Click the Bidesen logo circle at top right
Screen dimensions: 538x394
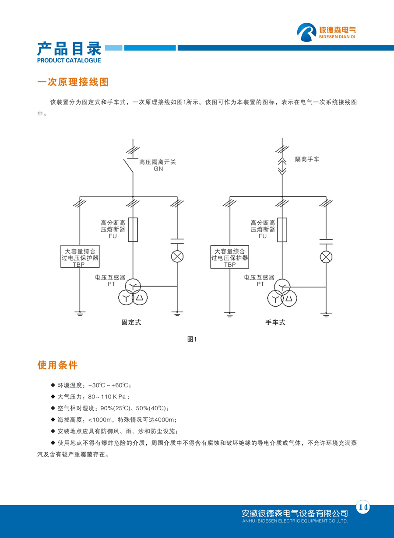306,32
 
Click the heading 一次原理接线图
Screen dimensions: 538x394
73,82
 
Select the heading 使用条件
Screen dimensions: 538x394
57,365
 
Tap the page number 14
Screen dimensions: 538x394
363,507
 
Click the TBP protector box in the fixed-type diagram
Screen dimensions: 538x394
80,257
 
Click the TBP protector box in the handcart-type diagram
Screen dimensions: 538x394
230,257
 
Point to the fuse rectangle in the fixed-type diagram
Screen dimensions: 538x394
133,230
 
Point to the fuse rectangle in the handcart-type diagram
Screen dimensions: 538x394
282,230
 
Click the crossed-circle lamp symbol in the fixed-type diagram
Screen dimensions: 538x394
177,257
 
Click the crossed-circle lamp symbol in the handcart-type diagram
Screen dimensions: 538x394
326,257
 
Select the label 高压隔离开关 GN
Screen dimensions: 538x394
157,165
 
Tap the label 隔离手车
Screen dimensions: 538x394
307,160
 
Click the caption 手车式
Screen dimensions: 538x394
275,322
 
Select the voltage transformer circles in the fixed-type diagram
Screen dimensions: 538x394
133,293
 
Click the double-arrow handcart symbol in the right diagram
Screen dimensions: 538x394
282,166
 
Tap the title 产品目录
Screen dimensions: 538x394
69,49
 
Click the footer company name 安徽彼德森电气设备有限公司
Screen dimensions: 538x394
295,513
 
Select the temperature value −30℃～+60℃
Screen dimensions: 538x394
109,385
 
